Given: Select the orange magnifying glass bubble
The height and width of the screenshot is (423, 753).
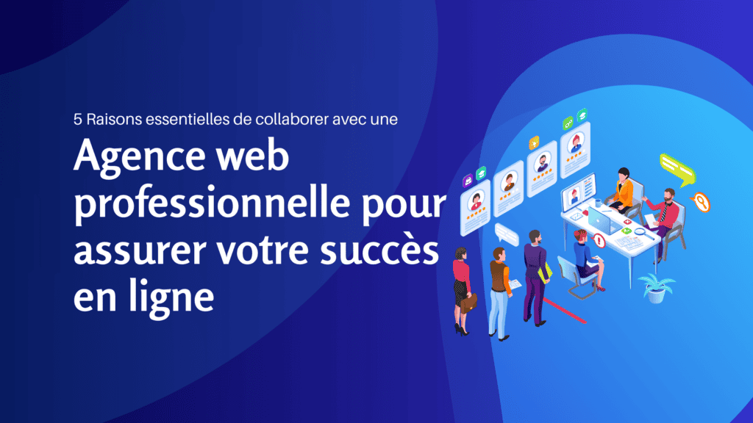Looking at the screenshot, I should [x=703, y=200].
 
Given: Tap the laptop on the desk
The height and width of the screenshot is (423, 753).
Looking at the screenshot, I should [x=600, y=218].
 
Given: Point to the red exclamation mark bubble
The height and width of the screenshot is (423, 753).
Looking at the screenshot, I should [x=599, y=239].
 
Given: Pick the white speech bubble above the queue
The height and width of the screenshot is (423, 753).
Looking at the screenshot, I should [x=506, y=233].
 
